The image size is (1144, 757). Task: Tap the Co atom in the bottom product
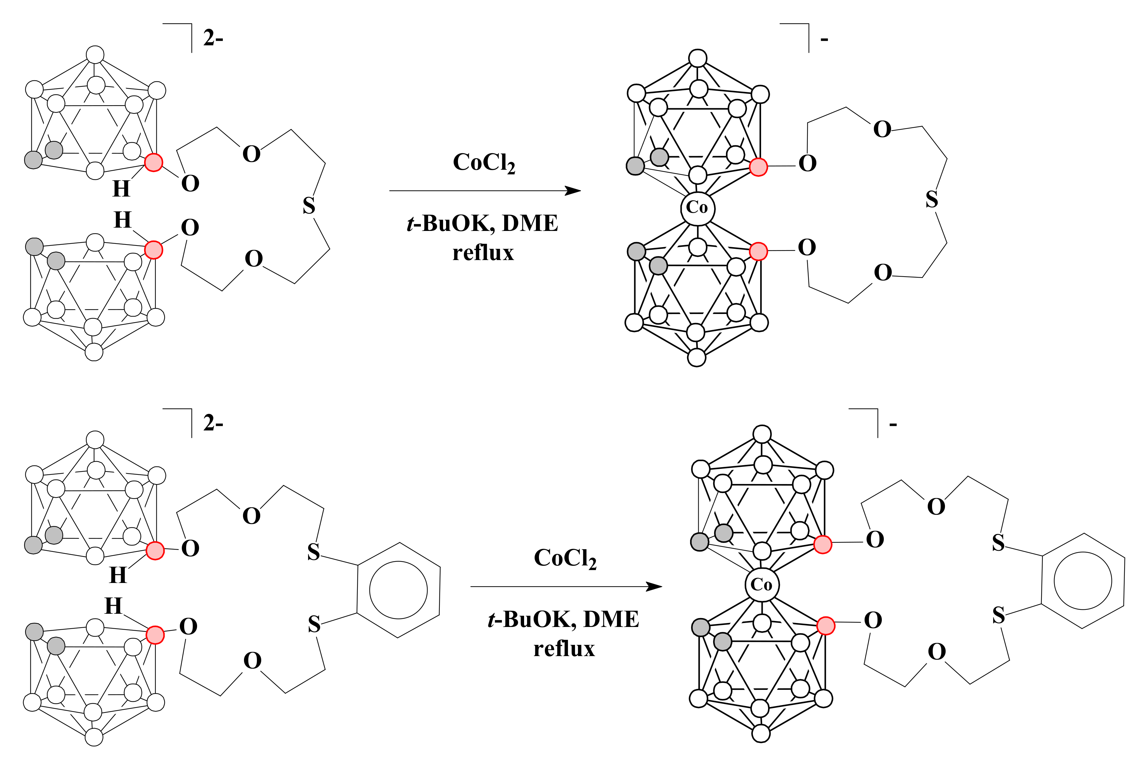(x=761, y=585)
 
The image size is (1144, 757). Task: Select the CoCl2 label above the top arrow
(x=483, y=163)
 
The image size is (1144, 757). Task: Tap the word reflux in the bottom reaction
(x=564, y=649)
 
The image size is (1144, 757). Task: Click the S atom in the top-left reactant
(x=309, y=206)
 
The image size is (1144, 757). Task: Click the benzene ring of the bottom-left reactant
(x=398, y=590)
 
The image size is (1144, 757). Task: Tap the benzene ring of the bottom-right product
(x=1083, y=581)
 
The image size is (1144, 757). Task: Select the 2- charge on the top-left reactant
(x=213, y=38)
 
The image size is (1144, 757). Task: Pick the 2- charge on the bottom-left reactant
(x=213, y=423)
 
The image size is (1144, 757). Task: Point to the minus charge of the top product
(x=825, y=39)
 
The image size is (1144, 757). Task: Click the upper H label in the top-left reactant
(x=121, y=189)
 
